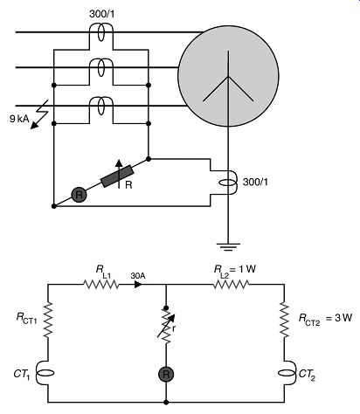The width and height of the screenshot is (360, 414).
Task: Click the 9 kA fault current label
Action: click(x=19, y=119)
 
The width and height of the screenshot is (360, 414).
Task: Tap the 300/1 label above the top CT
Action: click(x=101, y=14)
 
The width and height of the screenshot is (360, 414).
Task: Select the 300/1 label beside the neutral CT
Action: click(x=255, y=183)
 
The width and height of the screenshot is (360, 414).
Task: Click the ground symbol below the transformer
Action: click(x=228, y=247)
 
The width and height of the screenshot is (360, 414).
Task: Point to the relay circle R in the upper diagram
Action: click(x=79, y=195)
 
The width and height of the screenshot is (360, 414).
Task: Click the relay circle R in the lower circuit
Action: click(x=166, y=374)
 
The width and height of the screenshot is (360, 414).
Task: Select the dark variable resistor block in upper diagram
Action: click(x=117, y=176)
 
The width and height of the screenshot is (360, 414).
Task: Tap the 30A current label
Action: click(x=138, y=276)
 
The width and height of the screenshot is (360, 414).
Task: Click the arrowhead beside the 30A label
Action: click(x=138, y=284)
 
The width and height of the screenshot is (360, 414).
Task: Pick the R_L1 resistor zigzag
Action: click(x=101, y=284)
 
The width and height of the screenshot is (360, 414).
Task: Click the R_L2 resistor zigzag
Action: click(x=231, y=284)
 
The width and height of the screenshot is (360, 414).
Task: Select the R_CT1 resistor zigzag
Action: click(x=48, y=320)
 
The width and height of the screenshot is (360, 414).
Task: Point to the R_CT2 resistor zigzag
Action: click(x=284, y=320)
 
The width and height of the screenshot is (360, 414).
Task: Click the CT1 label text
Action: click(x=22, y=375)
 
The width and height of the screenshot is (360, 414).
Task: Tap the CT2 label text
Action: click(x=307, y=375)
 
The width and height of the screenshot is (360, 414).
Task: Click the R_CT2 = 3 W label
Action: click(x=325, y=318)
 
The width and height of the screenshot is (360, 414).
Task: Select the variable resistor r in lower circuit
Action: click(x=166, y=326)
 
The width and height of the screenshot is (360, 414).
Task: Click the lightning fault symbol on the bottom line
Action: click(x=40, y=114)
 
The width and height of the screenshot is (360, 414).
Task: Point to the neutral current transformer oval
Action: click(x=227, y=183)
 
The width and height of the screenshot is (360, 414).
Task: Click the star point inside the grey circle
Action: click(x=228, y=77)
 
